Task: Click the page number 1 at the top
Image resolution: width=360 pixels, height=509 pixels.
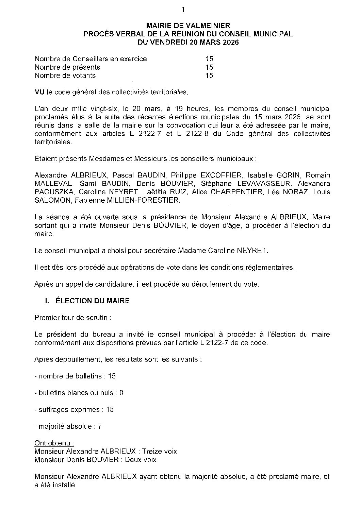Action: tap(183, 10)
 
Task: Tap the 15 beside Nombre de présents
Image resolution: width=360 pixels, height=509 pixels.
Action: tap(209, 67)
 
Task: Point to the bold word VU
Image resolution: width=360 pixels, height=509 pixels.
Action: tap(40, 92)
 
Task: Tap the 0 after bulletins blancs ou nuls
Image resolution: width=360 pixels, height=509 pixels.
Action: tap(121, 393)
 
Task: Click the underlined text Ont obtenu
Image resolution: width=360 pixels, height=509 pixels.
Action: tap(54, 443)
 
